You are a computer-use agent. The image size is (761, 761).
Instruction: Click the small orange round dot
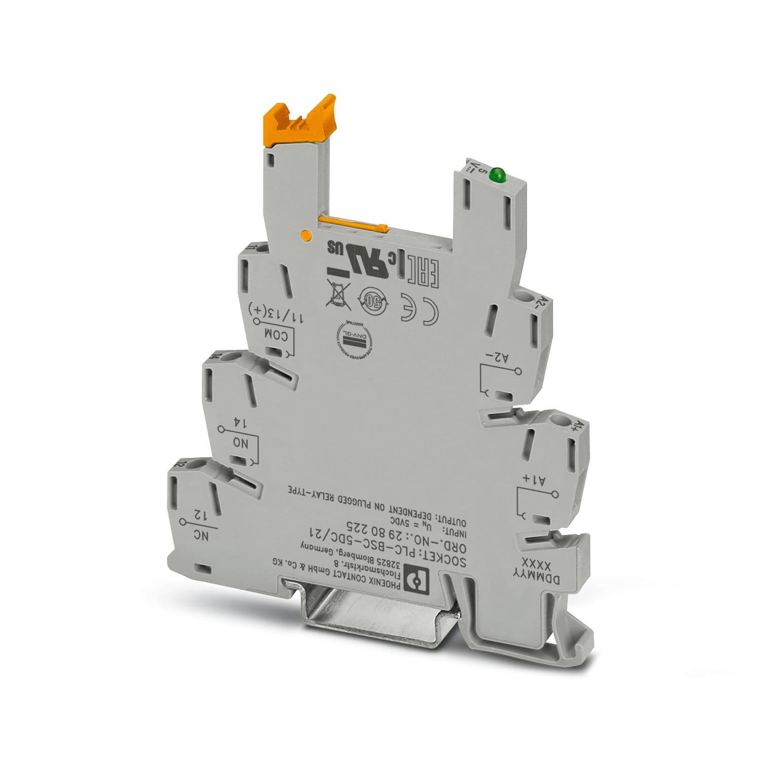tap(306, 234)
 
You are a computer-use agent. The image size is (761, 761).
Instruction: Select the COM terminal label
tap(277, 334)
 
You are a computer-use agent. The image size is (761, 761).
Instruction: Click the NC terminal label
tap(201, 535)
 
